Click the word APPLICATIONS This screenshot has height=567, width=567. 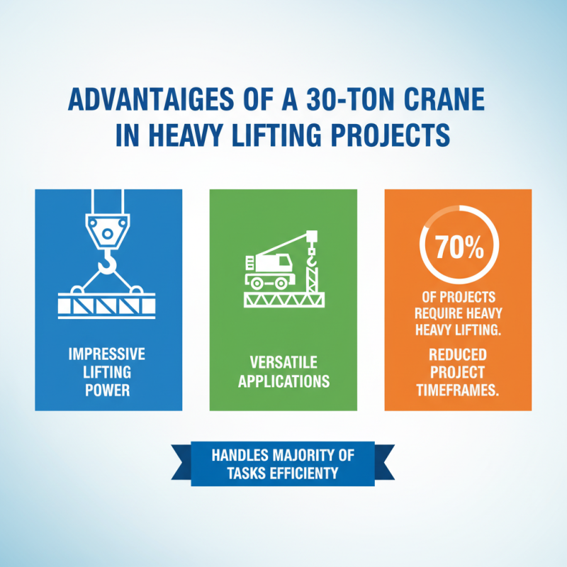pos(283,381)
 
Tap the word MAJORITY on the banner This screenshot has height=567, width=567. pos(302,455)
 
